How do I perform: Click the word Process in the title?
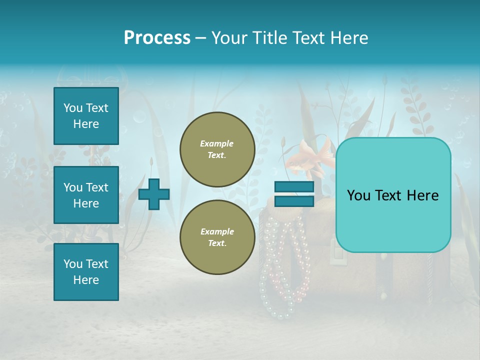[x=157, y=38]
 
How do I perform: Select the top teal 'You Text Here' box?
[x=86, y=116]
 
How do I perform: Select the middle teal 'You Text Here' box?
[x=86, y=195]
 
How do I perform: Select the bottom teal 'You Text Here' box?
[x=86, y=271]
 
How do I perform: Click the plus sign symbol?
[x=154, y=194]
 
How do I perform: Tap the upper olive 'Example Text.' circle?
[x=217, y=149]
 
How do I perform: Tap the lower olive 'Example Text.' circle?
[x=217, y=237]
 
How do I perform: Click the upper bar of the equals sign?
[x=294, y=187]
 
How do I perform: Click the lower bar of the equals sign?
[x=294, y=201]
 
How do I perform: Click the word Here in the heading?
[x=349, y=38]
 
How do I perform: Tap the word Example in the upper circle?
[x=217, y=143]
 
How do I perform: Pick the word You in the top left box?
[x=72, y=108]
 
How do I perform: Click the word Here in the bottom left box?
[x=86, y=280]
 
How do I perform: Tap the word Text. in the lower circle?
[x=217, y=243]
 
